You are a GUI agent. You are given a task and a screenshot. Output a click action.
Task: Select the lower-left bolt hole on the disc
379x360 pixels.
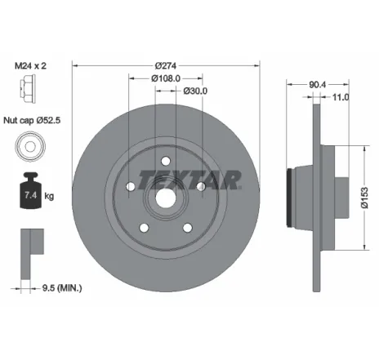[144, 226]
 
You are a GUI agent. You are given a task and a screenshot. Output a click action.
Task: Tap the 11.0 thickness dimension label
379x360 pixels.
[341, 97]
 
